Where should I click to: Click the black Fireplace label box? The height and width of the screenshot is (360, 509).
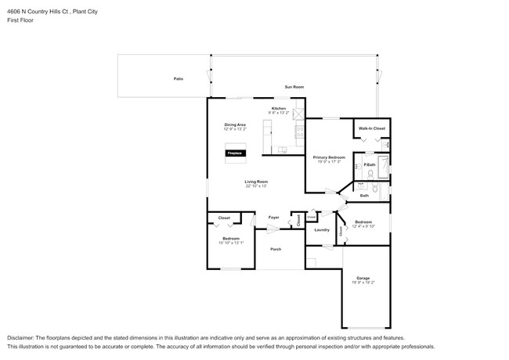[x=235, y=153]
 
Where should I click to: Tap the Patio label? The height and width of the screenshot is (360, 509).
[x=179, y=79]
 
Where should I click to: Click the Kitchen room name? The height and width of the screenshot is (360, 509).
[x=279, y=108]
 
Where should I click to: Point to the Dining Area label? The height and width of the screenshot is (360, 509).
[x=235, y=124]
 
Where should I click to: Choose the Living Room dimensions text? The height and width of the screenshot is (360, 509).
[x=256, y=186]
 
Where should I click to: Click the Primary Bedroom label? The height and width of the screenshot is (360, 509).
[x=329, y=157]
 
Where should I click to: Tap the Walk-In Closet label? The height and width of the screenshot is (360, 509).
[x=371, y=128]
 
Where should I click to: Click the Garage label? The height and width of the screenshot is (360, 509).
[x=363, y=278]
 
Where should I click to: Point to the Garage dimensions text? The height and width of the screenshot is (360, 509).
[x=363, y=283]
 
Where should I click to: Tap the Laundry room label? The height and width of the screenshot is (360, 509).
[x=322, y=230]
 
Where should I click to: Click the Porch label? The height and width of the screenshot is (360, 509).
[x=276, y=249]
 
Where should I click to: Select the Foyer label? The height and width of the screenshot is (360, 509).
[x=273, y=217]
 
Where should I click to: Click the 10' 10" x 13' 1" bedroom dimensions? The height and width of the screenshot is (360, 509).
[x=231, y=243]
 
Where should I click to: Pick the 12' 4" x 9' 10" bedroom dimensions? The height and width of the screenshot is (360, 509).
[x=363, y=226]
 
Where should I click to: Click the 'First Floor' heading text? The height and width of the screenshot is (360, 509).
[x=20, y=20]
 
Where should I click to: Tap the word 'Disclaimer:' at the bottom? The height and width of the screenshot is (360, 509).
[x=21, y=336]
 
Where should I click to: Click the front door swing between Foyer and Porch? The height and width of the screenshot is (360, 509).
[x=270, y=229]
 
